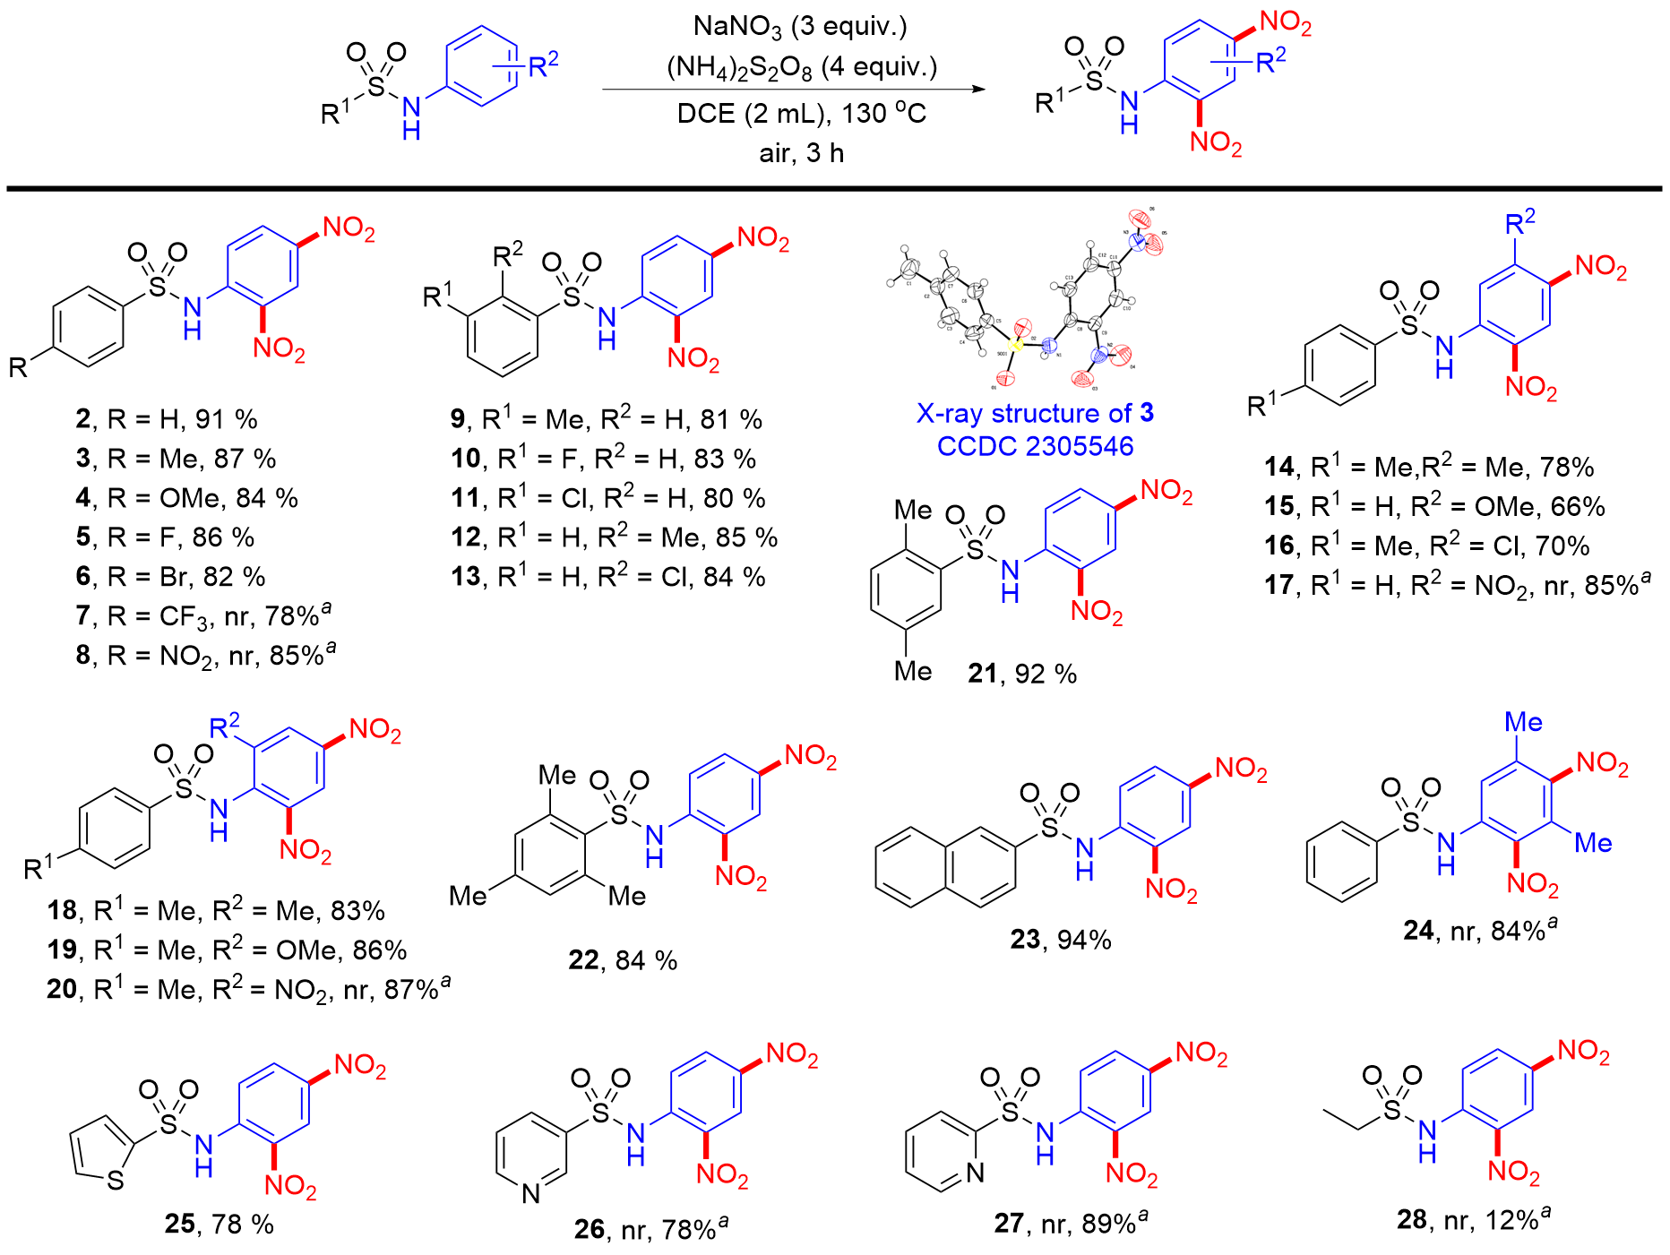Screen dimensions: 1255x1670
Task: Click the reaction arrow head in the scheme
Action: (x=978, y=90)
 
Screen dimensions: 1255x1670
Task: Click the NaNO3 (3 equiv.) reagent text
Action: (x=800, y=27)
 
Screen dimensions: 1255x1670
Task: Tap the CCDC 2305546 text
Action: (x=1035, y=446)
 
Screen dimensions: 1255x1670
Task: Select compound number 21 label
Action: (x=983, y=674)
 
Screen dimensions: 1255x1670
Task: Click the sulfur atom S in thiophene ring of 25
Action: (x=116, y=1181)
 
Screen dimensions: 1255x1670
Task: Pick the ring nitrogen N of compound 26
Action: (x=531, y=1192)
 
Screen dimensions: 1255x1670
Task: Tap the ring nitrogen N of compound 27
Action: (x=975, y=1172)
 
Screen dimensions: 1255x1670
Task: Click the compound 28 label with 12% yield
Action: (x=1473, y=1219)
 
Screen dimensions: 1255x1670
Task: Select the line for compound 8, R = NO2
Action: (x=205, y=655)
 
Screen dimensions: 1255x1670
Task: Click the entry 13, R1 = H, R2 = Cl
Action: (x=608, y=577)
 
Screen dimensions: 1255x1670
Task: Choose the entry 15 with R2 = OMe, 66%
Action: (x=1434, y=507)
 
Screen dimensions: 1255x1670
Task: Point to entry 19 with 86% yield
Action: (x=227, y=950)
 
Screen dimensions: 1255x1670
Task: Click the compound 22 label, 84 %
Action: (x=623, y=960)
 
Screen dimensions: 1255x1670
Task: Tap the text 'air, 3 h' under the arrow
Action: (x=802, y=153)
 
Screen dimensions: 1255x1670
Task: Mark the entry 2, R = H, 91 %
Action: (x=167, y=419)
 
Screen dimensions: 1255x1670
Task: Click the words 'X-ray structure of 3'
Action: (x=1035, y=413)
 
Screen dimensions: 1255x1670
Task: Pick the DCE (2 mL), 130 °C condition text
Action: (x=802, y=114)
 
